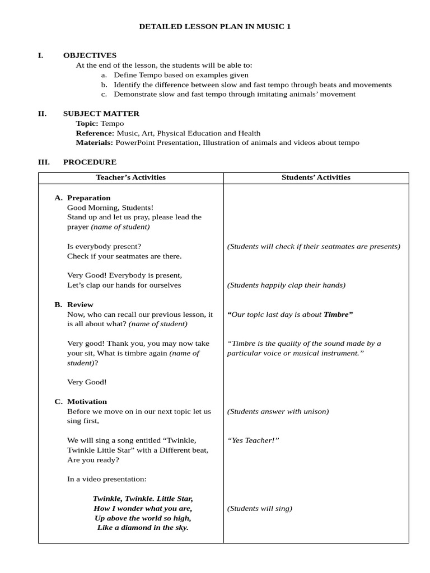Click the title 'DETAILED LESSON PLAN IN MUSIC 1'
215,26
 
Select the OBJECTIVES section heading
90,55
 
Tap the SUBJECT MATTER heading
101,114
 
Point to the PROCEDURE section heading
90,162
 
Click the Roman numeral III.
44,162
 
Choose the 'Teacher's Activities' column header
130,177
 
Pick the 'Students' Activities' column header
316,177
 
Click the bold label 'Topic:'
87,123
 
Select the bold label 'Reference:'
95,133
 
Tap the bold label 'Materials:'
94,143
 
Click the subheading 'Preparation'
88,198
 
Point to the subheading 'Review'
80,304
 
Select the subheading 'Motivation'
87,401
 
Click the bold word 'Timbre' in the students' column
338,314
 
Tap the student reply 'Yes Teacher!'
253,440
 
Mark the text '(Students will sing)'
259,509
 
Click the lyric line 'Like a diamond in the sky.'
143,528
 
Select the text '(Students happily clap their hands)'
286,285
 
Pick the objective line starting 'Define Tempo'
181,75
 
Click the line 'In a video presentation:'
106,479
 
